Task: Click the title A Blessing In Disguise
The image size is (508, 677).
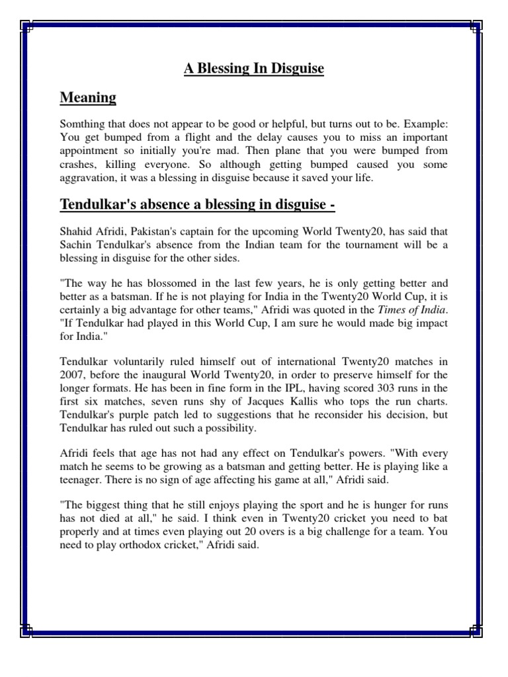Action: coord(254,69)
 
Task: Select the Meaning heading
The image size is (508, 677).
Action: coord(88,98)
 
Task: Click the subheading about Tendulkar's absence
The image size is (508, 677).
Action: coord(198,206)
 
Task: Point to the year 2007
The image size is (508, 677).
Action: coord(73,376)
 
